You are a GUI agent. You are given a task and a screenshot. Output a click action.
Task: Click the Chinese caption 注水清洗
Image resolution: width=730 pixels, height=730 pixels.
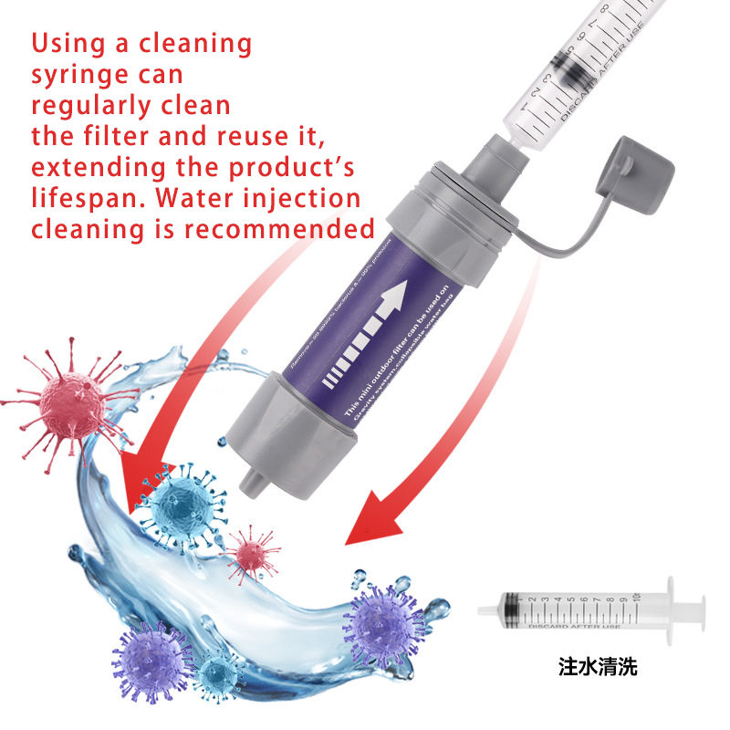[x=597, y=667]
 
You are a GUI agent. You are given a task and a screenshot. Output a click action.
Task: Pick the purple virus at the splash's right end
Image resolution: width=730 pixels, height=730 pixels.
[x=382, y=625]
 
